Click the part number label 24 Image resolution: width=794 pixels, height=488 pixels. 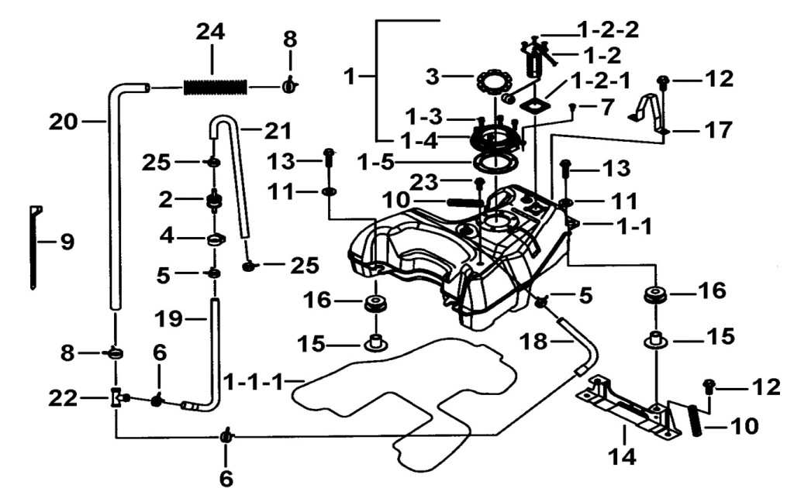(x=211, y=32)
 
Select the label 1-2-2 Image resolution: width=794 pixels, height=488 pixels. (x=608, y=30)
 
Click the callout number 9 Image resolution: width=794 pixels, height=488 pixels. (x=67, y=242)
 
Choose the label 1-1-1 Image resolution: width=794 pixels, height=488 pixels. (x=254, y=382)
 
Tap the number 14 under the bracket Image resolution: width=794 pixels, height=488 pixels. (x=621, y=457)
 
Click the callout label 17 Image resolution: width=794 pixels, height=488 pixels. (x=719, y=130)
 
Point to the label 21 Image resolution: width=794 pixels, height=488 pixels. (x=278, y=132)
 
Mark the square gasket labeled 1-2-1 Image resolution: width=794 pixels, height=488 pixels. (x=535, y=107)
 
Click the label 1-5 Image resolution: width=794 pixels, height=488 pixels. (x=375, y=163)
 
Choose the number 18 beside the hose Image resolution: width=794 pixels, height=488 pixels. (x=534, y=342)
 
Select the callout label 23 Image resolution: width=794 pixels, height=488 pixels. (x=424, y=181)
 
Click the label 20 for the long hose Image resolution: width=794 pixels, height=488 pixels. (x=64, y=122)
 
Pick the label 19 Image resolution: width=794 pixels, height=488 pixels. (x=168, y=319)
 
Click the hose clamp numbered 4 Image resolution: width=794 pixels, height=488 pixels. (x=216, y=239)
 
